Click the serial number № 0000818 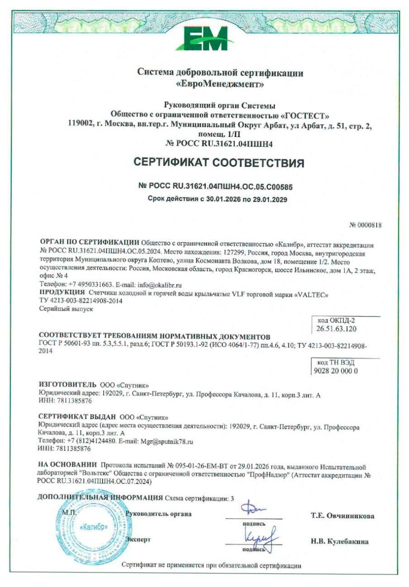coord(365,225)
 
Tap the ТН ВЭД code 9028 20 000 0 coord(337,371)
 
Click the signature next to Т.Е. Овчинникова coord(254,509)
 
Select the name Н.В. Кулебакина coord(339,542)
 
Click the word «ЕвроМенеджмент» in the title coord(220,84)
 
